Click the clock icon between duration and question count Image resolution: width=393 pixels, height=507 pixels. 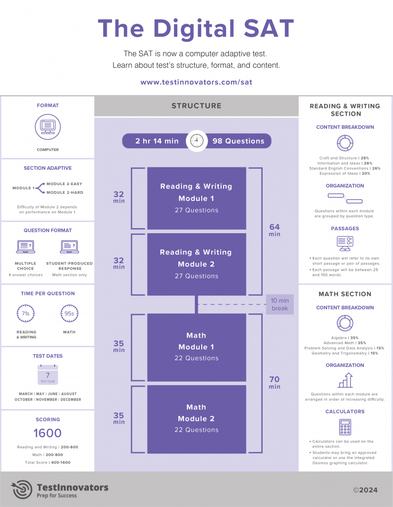(197, 141)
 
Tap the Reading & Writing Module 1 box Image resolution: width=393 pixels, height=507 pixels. (196, 198)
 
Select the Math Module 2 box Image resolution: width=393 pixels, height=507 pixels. (196, 418)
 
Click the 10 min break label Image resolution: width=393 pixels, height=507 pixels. (280, 304)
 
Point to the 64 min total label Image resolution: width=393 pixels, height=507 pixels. (275, 230)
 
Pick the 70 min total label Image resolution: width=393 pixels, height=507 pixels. (275, 382)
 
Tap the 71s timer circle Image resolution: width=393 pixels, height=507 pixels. (26, 313)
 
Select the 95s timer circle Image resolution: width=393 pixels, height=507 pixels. (69, 313)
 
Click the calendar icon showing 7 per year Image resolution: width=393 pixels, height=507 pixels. (48, 375)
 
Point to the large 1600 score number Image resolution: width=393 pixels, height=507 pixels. (48, 433)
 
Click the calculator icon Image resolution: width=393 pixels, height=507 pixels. (345, 427)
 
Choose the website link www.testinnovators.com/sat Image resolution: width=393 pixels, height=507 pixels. (196, 82)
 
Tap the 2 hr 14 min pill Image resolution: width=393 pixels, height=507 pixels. (157, 141)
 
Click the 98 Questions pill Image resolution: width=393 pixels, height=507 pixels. (238, 141)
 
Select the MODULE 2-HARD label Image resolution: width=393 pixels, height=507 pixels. (64, 192)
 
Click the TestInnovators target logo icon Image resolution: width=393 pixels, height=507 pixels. (22, 489)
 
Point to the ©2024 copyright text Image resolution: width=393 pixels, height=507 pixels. (365, 490)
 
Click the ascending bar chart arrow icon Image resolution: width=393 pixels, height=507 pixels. (345, 380)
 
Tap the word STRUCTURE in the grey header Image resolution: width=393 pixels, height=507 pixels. (196, 105)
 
